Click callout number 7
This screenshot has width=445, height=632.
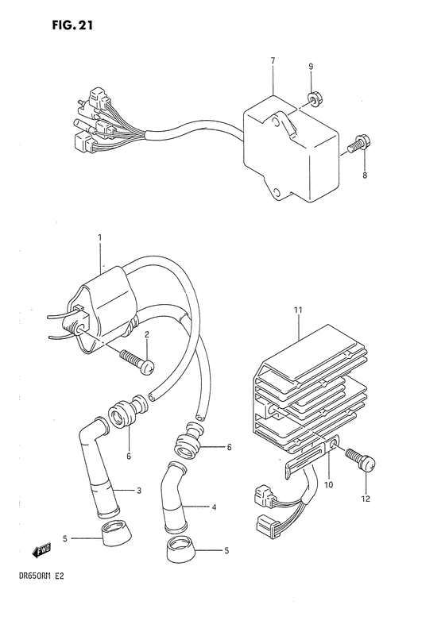tap(273, 60)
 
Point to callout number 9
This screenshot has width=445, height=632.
tap(311, 66)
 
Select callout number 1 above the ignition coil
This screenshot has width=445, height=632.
tap(101, 237)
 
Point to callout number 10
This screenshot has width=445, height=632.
tap(328, 483)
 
